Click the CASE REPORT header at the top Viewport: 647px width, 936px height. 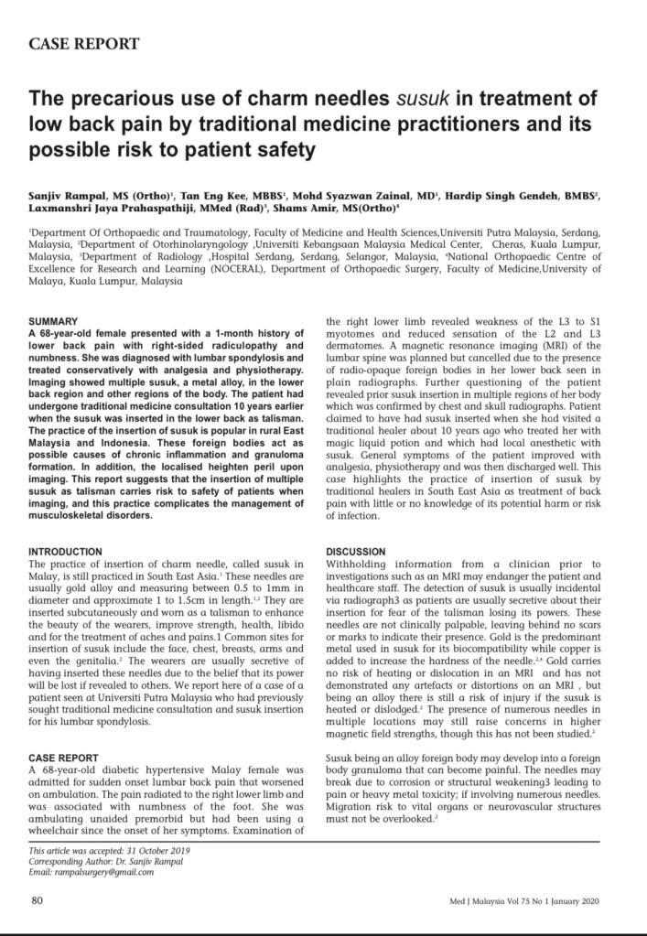(x=85, y=44)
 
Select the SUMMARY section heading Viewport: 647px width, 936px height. (x=54, y=322)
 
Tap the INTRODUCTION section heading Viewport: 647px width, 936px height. (x=66, y=553)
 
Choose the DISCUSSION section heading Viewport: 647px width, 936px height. (x=357, y=553)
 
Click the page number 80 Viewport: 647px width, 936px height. (x=38, y=900)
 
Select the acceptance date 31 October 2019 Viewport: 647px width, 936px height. (x=165, y=851)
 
